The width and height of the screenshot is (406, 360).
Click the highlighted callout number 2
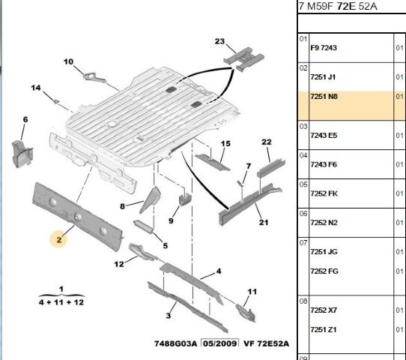click(59, 240)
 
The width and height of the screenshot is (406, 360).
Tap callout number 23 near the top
click(219, 41)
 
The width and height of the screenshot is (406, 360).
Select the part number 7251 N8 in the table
click(324, 97)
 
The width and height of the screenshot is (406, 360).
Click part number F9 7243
click(324, 48)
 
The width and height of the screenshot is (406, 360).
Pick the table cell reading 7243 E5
click(324, 135)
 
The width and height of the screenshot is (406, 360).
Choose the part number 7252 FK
click(324, 193)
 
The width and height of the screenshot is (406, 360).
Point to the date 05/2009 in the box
click(219, 343)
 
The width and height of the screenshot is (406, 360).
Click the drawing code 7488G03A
click(175, 343)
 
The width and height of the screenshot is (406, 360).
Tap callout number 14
click(36, 88)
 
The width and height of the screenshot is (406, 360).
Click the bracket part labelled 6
click(22, 154)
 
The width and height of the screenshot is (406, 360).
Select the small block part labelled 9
click(185, 199)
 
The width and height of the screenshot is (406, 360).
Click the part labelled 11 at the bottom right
click(246, 313)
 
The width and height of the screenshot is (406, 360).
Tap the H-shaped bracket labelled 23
click(243, 58)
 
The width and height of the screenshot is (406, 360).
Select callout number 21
click(264, 223)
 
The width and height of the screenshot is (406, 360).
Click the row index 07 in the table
click(303, 242)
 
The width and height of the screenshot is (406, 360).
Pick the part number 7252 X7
click(324, 310)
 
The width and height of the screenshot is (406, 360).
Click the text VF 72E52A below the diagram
click(266, 343)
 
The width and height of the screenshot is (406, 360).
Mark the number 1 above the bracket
click(61, 289)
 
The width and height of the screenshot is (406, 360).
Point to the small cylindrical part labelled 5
click(143, 226)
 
